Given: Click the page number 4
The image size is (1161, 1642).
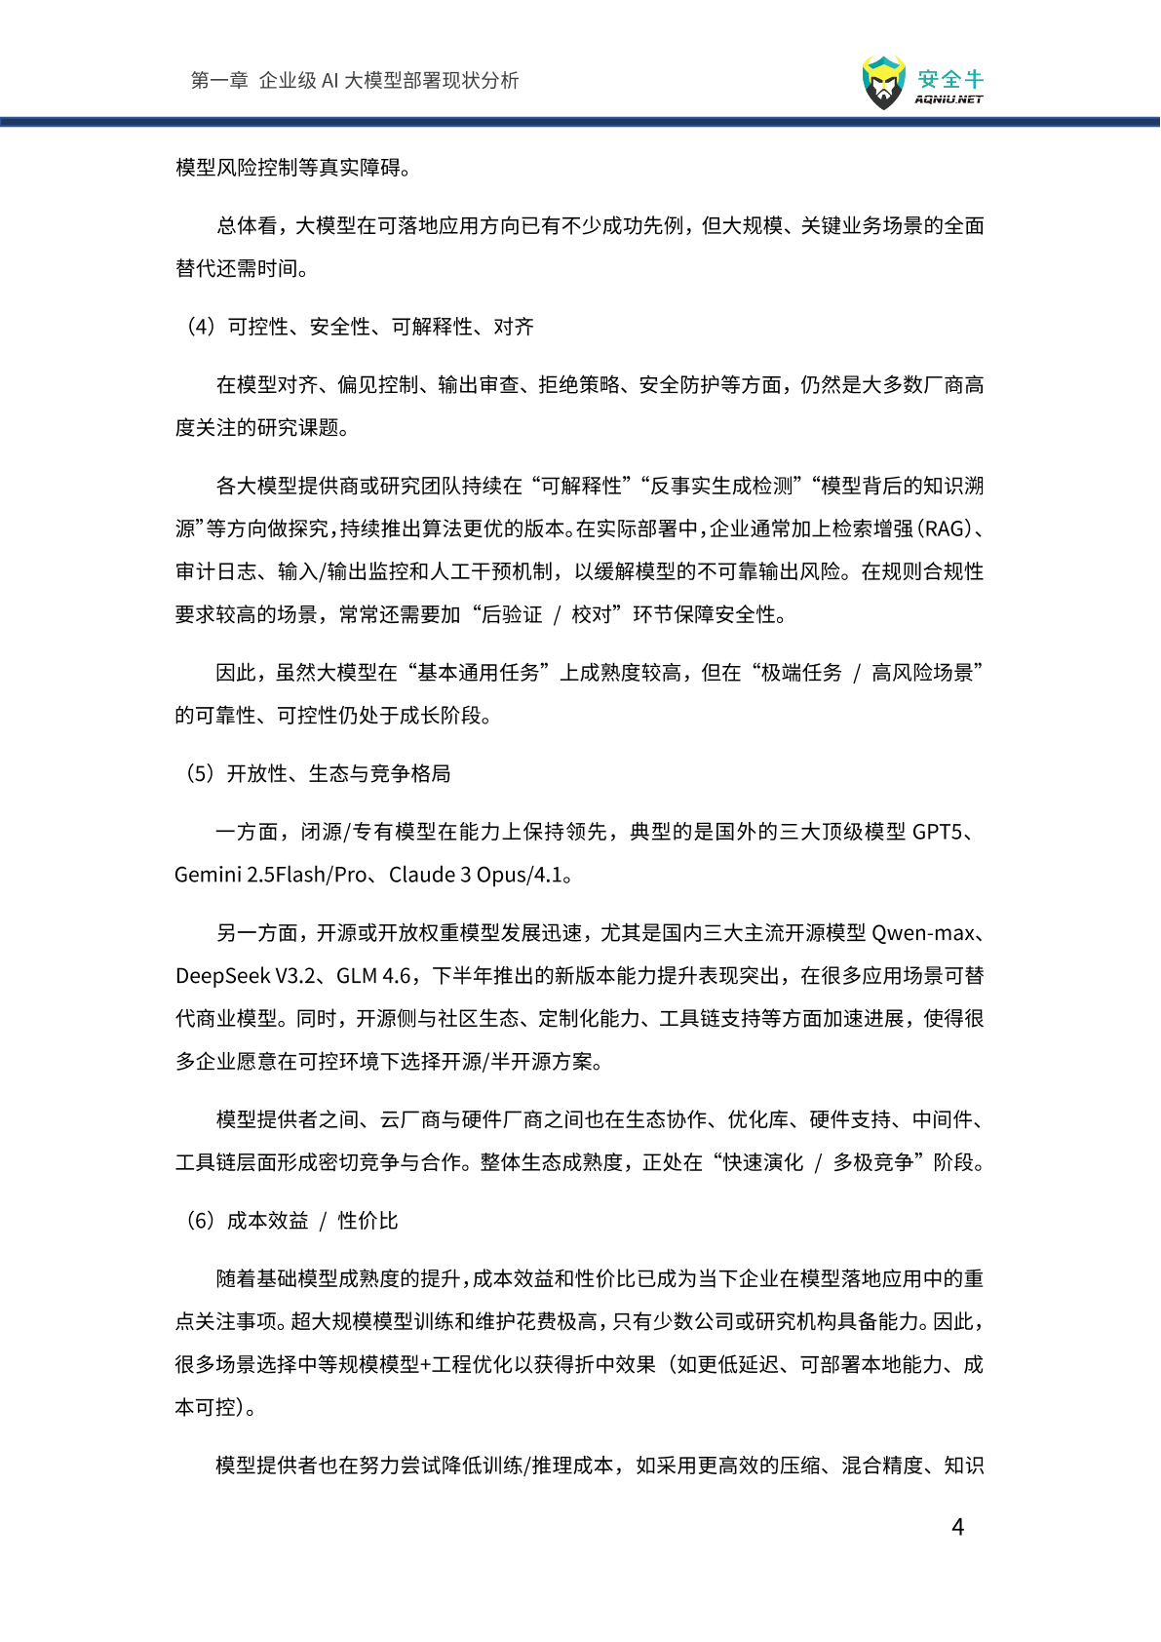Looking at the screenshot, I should click(957, 1527).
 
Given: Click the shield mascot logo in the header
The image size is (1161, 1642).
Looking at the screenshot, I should click(883, 83).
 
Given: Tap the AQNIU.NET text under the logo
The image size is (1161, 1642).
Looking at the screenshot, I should click(948, 99).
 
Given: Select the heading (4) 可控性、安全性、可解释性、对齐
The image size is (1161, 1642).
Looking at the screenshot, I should click(360, 327).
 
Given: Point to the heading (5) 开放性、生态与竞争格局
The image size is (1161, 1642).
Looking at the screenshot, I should click(318, 773).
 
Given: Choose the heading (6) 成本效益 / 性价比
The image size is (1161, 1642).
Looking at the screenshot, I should click(291, 1221).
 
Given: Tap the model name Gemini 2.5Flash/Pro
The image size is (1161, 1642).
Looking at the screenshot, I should click(270, 875).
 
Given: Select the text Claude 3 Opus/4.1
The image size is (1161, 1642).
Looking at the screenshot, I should click(476, 875).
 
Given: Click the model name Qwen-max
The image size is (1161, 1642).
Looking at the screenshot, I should click(922, 933).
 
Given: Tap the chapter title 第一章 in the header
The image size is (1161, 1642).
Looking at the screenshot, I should click(219, 80).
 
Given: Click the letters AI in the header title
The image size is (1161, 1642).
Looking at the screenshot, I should click(329, 80).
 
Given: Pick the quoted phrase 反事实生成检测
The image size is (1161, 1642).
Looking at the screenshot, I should click(722, 486).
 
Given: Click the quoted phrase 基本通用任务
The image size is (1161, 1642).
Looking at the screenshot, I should click(479, 673).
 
